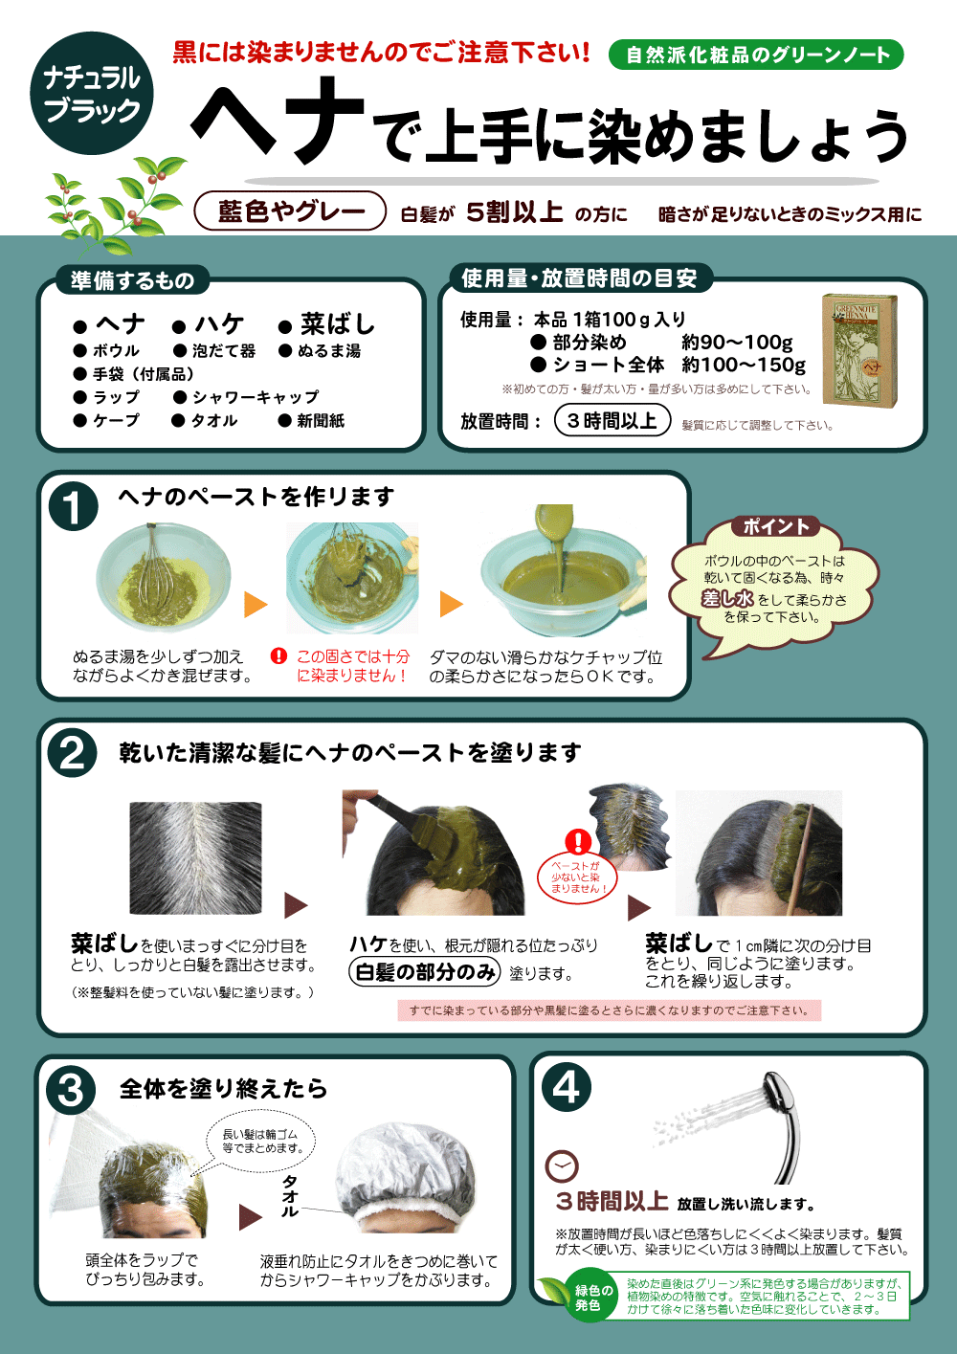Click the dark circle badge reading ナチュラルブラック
pyautogui.click(x=92, y=93)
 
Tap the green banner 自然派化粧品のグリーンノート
pyautogui.click(x=756, y=55)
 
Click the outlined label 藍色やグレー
pyautogui.click(x=290, y=211)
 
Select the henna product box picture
pyautogui.click(x=860, y=350)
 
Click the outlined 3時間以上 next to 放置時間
pyautogui.click(x=612, y=420)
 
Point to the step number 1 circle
pyautogui.click(x=73, y=506)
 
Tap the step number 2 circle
pyautogui.click(x=73, y=754)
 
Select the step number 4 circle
pyautogui.click(x=567, y=1087)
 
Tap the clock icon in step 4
pyautogui.click(x=562, y=1166)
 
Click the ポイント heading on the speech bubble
pyautogui.click(x=775, y=526)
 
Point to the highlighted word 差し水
pyautogui.click(x=727, y=598)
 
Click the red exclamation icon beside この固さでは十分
pyautogui.click(x=278, y=655)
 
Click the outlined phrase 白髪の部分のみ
pyautogui.click(x=425, y=972)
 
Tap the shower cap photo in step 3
pyautogui.click(x=406, y=1172)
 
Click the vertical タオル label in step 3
pyautogui.click(x=290, y=1196)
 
